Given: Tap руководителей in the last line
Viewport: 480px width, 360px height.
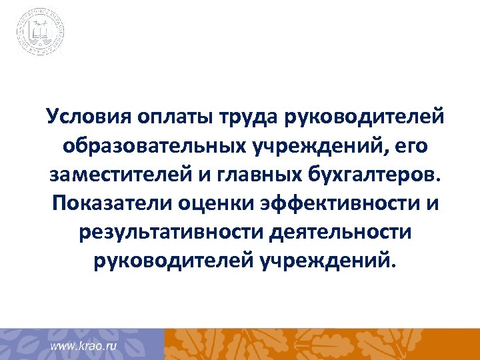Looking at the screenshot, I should (x=165, y=262).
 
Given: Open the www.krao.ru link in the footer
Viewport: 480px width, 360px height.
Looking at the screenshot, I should (x=84, y=347).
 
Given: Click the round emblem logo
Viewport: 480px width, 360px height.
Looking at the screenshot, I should (x=41, y=31).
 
